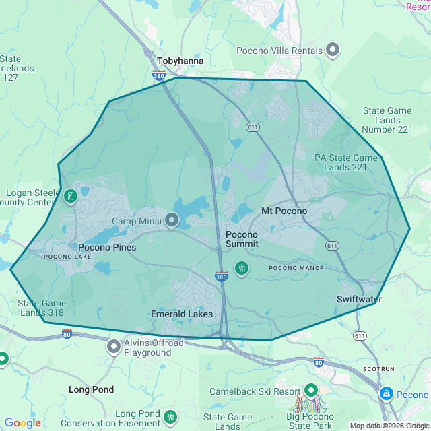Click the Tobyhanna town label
[180, 61]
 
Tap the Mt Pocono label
[284, 211]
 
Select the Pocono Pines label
[107, 247]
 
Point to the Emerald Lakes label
[182, 314]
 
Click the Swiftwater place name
[360, 299]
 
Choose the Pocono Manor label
[296, 268]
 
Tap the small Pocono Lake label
[67, 257]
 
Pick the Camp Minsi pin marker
[172, 220]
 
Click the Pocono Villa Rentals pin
[333, 50]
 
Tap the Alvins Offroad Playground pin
[114, 346]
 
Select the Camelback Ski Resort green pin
[310, 391]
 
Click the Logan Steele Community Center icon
[70, 197]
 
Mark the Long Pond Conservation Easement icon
[170, 418]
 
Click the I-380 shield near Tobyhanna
[159, 75]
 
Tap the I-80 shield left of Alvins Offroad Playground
[67, 333]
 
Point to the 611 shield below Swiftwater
[360, 335]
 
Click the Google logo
[22, 423]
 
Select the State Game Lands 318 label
[41, 308]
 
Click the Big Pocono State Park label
[310, 422]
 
